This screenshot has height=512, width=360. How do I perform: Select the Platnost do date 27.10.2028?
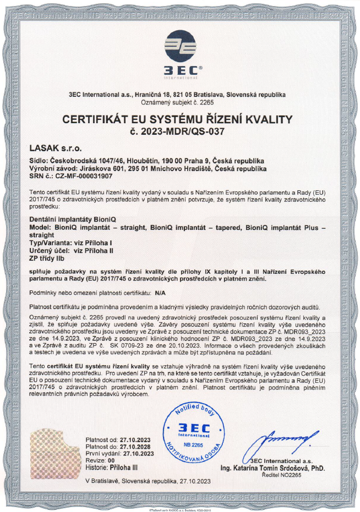tap(136, 447)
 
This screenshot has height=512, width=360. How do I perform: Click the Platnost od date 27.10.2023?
tap(136, 441)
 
